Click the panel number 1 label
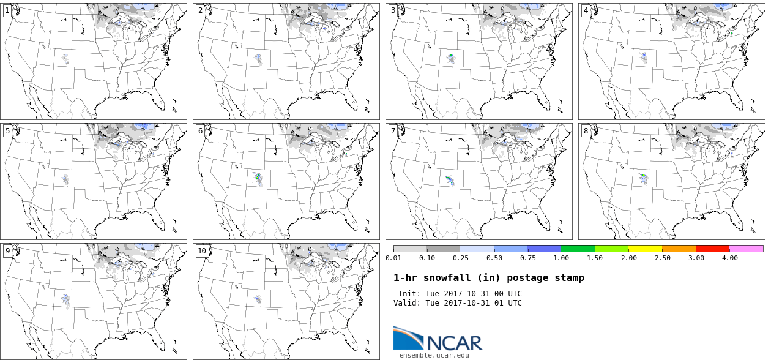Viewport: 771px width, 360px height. pyautogui.click(x=7, y=10)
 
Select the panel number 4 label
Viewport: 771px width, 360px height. pyautogui.click(x=586, y=10)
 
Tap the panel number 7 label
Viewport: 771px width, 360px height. pyautogui.click(x=393, y=130)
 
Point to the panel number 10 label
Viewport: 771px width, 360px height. pyautogui.click(x=202, y=250)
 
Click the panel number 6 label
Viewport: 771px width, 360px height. pyautogui.click(x=200, y=130)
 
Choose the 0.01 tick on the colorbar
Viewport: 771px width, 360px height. pyautogui.click(x=393, y=258)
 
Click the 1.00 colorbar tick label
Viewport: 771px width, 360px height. pyautogui.click(x=562, y=258)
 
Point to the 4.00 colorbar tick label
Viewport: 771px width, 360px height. pyautogui.click(x=730, y=258)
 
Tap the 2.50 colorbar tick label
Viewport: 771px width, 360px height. pyautogui.click(x=663, y=258)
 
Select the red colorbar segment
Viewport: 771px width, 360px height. pyautogui.click(x=713, y=249)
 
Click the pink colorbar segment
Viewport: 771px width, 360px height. pyautogui.click(x=747, y=249)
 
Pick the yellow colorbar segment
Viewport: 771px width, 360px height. pyautogui.click(x=646, y=249)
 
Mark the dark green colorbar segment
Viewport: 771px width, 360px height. pyautogui.click(x=578, y=249)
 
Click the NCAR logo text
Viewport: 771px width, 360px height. pyautogui.click(x=455, y=342)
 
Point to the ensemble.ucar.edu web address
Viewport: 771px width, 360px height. pyautogui.click(x=434, y=354)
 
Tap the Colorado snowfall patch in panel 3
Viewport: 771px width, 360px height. pyautogui.click(x=452, y=58)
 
